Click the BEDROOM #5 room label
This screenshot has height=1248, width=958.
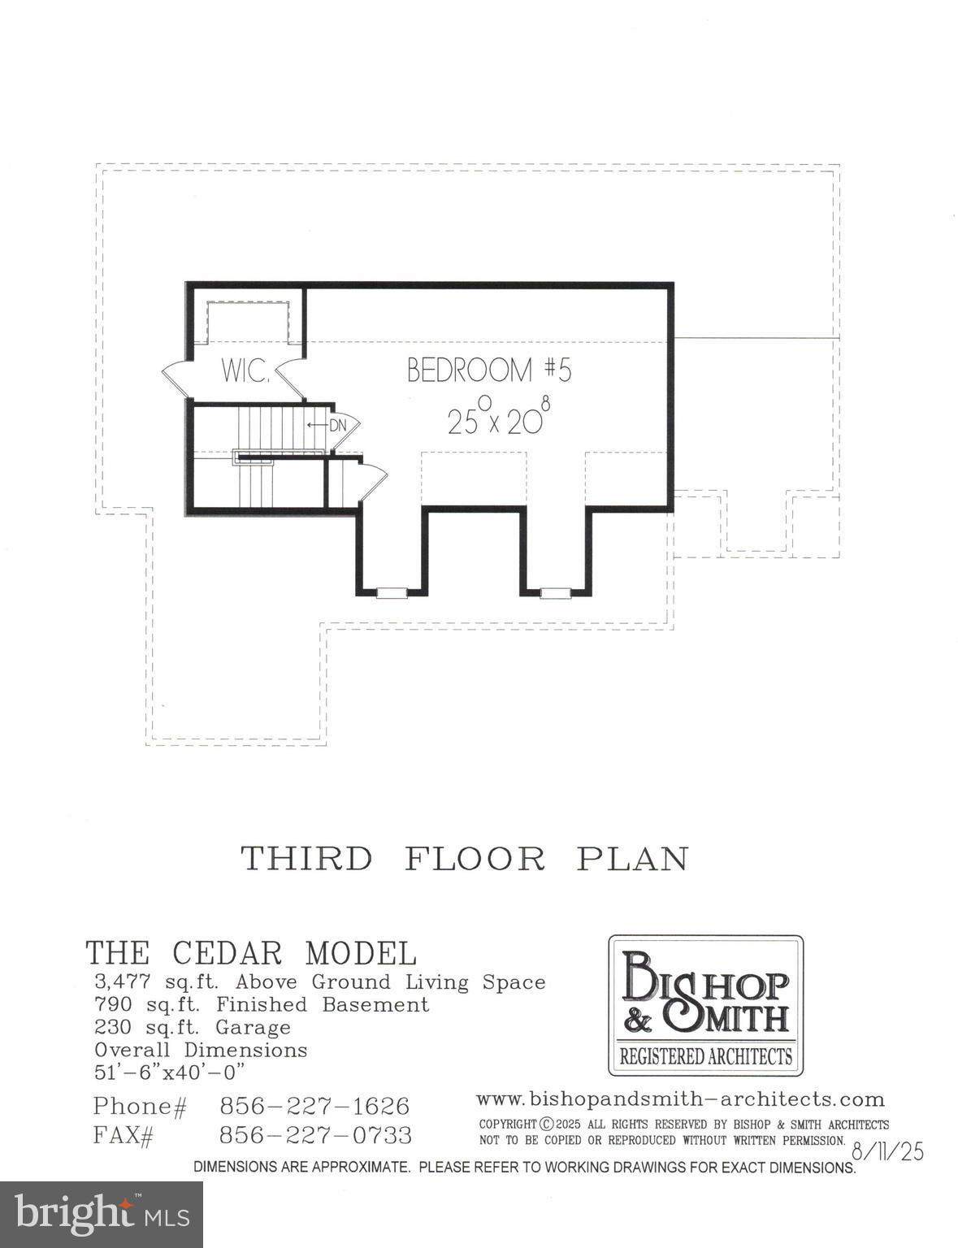click(489, 370)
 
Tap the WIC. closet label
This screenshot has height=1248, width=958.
click(245, 370)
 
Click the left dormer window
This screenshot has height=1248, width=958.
click(391, 592)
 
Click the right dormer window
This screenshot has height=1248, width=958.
click(554, 592)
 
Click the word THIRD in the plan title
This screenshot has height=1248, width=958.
click(306, 859)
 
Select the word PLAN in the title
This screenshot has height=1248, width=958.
click(632, 859)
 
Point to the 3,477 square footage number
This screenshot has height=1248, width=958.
click(123, 982)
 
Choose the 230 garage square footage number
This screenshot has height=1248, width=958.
click(113, 1027)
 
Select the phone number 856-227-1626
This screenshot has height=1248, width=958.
click(314, 1106)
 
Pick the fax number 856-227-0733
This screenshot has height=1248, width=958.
click(315, 1134)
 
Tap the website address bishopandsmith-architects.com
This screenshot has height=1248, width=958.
click(680, 1099)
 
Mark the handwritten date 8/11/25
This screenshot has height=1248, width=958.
click(887, 1151)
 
